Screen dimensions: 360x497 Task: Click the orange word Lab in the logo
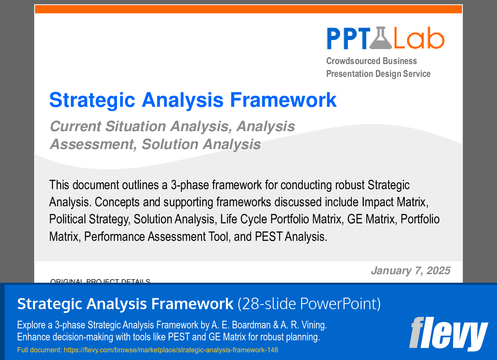[418, 38]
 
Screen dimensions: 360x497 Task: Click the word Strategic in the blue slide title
[92, 100]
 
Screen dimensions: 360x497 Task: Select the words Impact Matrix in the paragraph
[394, 202]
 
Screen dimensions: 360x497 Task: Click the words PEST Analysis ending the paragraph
[291, 236]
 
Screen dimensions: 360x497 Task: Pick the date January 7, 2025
[410, 270]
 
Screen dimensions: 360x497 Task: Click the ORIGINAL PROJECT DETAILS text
[100, 281]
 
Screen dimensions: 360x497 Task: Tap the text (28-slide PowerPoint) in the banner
[309, 304]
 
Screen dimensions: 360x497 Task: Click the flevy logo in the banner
[448, 334]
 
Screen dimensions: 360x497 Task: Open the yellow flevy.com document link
[171, 350]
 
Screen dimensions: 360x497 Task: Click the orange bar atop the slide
[248, 9]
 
